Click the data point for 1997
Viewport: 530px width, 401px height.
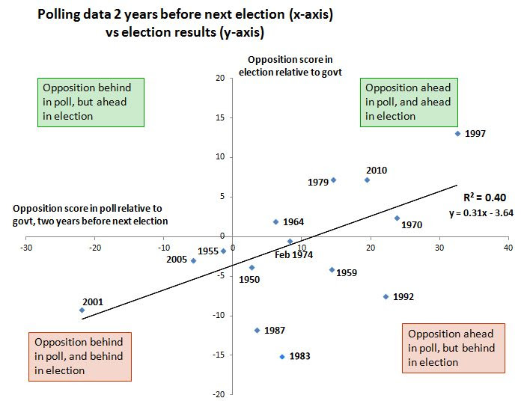pyautogui.click(x=457, y=134)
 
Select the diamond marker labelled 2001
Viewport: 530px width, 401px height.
pyautogui.click(x=82, y=310)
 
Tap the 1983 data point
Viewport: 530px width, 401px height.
pyautogui.click(x=282, y=357)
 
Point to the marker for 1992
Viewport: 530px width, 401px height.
pyautogui.click(x=386, y=297)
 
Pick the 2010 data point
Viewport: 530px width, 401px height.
pyautogui.click(x=367, y=180)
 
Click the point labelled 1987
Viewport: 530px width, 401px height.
pyautogui.click(x=257, y=330)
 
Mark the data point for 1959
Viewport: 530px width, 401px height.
pyautogui.click(x=332, y=270)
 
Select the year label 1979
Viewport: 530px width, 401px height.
pyautogui.click(x=318, y=182)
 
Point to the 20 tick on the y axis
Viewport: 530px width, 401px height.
pyautogui.click(x=220, y=78)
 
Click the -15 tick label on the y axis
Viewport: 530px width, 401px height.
pyautogui.click(x=219, y=355)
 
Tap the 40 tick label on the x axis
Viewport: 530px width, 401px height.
pyautogui.click(x=508, y=247)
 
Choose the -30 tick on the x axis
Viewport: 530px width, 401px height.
pyautogui.click(x=26, y=247)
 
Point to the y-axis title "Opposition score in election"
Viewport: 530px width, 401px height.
pyautogui.click(x=278, y=66)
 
